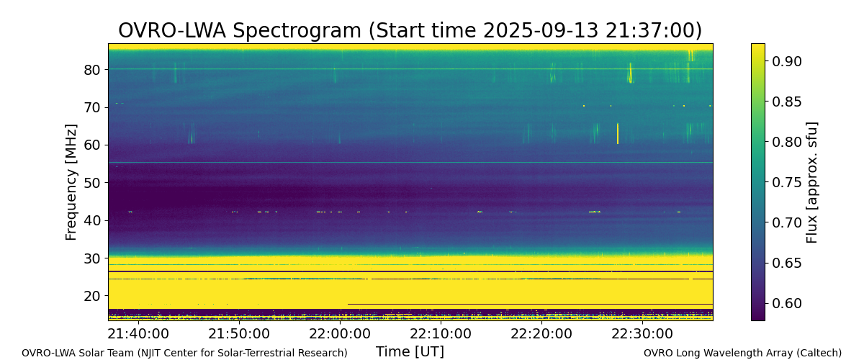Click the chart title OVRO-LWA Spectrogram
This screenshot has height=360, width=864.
pos(240,30)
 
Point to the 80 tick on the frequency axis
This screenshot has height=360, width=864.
pos(92,70)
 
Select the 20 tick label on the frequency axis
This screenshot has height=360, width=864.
pos(92,296)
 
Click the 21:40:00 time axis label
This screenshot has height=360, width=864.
pos(138,334)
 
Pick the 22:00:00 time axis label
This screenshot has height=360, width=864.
pos(340,334)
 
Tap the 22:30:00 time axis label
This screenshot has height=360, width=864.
pos(642,334)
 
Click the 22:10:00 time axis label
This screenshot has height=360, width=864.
pos(441,334)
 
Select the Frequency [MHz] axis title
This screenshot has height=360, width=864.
pos(71,182)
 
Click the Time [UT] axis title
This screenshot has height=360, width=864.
pos(410,351)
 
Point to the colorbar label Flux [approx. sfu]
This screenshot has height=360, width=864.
pos(811,182)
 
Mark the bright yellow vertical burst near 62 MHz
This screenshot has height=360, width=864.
pos(618,133)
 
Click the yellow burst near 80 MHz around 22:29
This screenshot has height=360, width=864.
pos(631,73)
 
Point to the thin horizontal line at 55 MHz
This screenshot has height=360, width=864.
pos(410,163)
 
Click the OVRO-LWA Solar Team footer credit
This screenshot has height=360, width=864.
pos(184,353)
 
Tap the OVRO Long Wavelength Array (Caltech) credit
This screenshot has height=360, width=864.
pos(742,353)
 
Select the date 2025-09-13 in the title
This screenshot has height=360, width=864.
pos(541,30)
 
